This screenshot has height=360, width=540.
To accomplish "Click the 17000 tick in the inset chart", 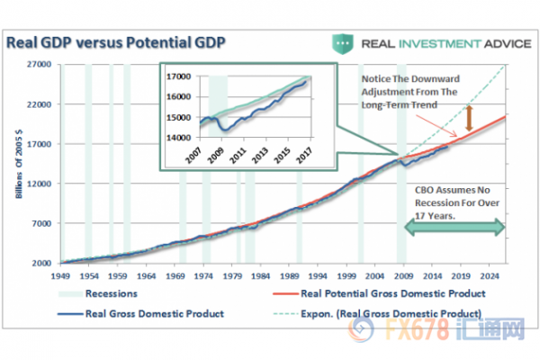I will [179, 77].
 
